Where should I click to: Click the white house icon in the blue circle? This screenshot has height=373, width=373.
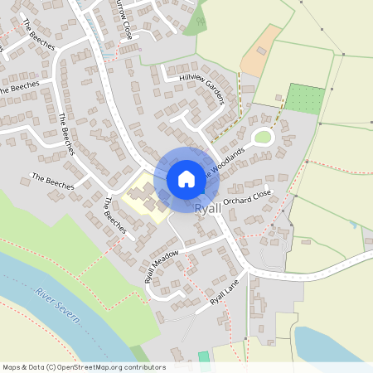(x=186, y=178)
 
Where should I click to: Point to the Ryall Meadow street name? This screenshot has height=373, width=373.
(x=162, y=266)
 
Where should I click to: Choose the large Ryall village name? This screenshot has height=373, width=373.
(x=208, y=210)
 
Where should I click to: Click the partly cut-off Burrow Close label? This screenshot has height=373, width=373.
(x=124, y=18)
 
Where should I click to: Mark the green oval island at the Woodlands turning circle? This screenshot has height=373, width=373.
(x=263, y=137)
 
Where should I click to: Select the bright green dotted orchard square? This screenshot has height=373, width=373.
(x=304, y=99)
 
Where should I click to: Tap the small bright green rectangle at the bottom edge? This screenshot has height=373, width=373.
(x=204, y=356)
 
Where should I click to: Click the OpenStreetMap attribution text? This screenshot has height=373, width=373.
(x=84, y=366)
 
